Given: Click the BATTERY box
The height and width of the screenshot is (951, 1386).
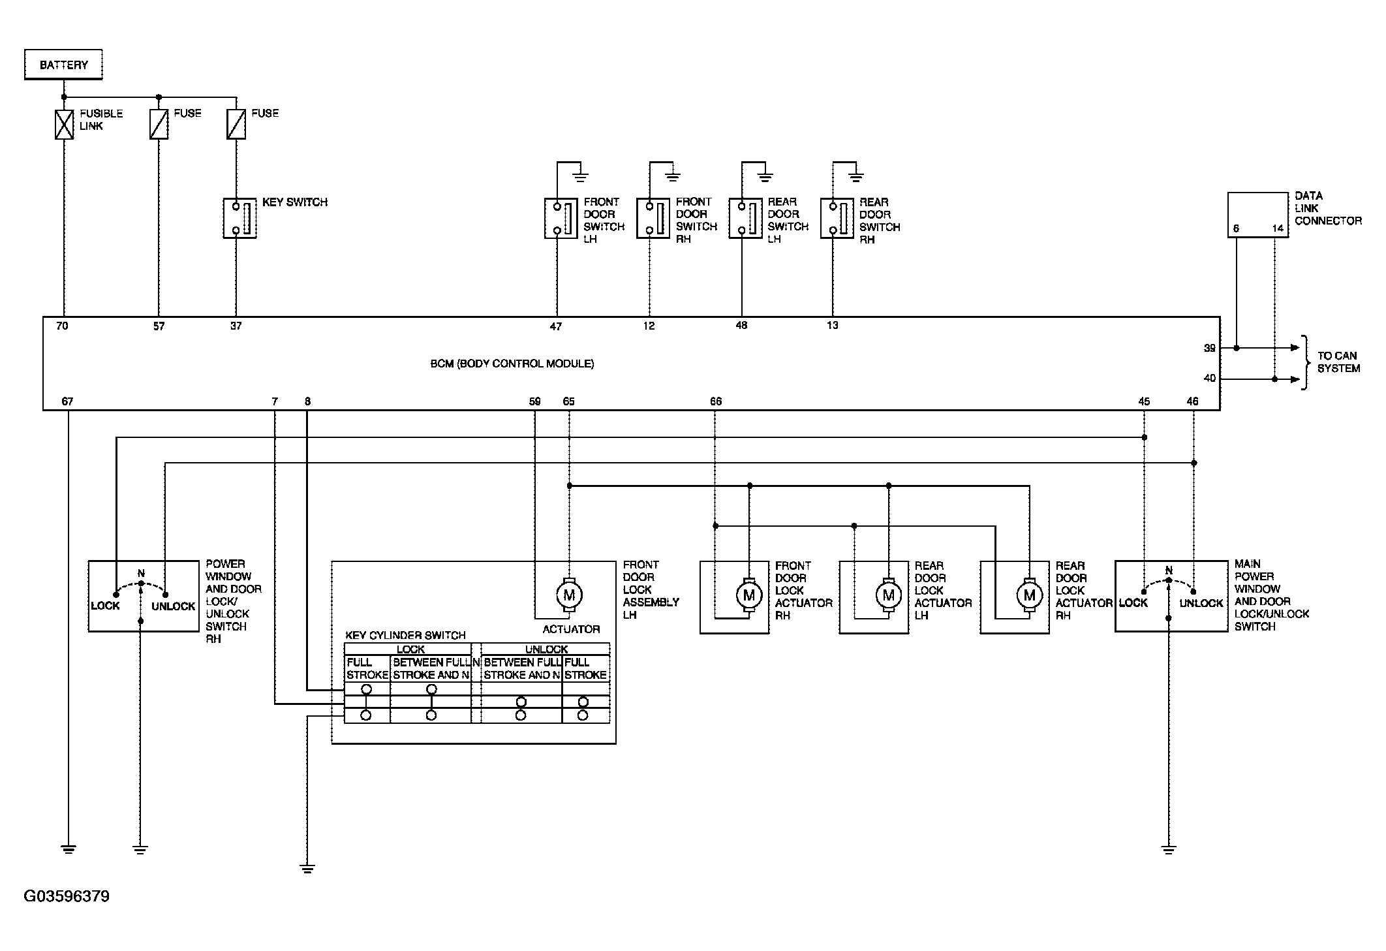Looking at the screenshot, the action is click(x=63, y=65).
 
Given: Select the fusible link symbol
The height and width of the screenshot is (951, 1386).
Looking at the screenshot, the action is click(x=64, y=124).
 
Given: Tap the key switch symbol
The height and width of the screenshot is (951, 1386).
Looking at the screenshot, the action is click(x=239, y=218).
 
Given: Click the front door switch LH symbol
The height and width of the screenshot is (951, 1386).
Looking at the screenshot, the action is click(x=561, y=218).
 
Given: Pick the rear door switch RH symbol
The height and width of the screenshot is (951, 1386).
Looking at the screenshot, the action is click(x=837, y=218).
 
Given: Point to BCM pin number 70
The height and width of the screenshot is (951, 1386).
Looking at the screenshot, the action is click(x=62, y=326).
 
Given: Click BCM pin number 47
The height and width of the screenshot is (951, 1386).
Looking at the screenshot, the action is click(x=555, y=326).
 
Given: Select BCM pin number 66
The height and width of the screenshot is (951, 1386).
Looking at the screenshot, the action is click(x=716, y=401).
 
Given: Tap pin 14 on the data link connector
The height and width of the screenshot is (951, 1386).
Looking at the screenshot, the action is click(x=1278, y=228).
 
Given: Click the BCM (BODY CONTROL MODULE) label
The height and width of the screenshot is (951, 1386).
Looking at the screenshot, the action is click(x=512, y=364).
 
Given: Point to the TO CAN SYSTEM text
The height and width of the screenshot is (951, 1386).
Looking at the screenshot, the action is click(x=1338, y=362).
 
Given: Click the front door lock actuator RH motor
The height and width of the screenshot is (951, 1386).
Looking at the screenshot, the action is click(x=748, y=595).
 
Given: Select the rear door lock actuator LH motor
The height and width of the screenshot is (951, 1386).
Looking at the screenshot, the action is click(x=888, y=595).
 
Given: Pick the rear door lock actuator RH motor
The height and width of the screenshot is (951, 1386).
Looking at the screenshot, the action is click(x=1029, y=595).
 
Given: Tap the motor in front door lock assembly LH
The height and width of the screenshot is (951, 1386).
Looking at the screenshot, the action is click(x=569, y=595).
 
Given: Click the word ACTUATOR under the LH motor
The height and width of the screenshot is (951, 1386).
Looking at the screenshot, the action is click(x=571, y=629).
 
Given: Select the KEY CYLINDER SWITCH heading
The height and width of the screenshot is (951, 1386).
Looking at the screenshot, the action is click(x=405, y=635).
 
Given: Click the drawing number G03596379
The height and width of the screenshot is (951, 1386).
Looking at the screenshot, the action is click(x=67, y=896).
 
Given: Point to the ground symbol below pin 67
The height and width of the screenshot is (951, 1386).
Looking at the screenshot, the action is click(x=68, y=850).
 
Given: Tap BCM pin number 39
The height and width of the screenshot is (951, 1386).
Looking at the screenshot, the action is click(x=1210, y=349).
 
